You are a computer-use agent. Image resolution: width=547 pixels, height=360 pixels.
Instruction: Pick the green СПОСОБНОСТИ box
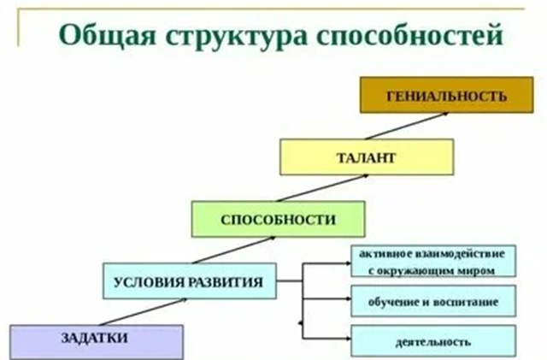click(278, 220)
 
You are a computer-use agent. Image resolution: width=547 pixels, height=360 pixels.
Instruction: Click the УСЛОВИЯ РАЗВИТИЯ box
click(189, 280)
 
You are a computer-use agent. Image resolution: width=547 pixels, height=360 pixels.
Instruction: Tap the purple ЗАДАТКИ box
click(95, 339)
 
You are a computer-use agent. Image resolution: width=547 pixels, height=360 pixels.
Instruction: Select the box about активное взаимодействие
click(433, 261)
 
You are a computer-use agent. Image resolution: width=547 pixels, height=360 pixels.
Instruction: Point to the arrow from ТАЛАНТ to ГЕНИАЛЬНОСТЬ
click(391, 126)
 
